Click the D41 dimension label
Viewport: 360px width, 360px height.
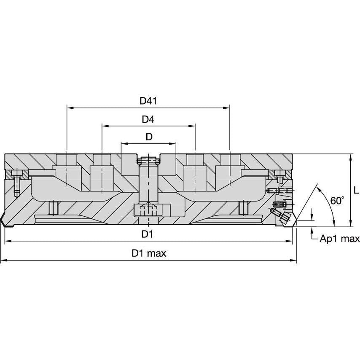click(x=148, y=101)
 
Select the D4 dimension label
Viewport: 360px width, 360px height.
click(x=148, y=119)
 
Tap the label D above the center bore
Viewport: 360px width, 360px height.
click(x=149, y=137)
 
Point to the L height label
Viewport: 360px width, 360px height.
click(x=356, y=190)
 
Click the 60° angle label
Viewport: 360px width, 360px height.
click(x=337, y=200)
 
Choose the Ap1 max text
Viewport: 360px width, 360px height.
click(x=339, y=239)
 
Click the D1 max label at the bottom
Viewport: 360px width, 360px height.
click(x=149, y=253)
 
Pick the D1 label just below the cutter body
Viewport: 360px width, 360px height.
click(x=147, y=234)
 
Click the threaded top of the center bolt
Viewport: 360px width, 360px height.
click(x=148, y=160)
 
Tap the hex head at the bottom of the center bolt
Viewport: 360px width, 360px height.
click(x=148, y=210)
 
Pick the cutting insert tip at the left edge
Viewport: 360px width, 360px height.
click(x=2, y=219)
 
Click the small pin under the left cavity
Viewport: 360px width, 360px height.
click(x=54, y=208)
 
